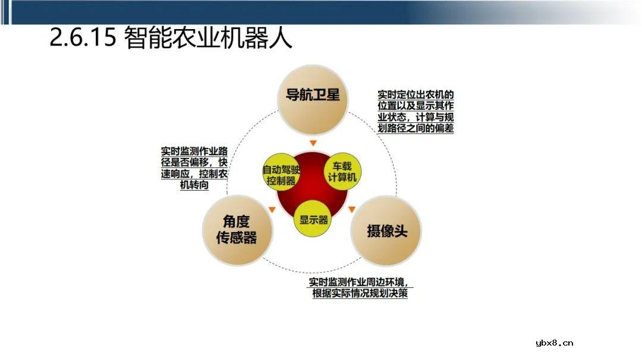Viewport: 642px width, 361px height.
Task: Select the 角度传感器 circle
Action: click(239, 230)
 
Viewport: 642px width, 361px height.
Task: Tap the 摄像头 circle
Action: click(386, 230)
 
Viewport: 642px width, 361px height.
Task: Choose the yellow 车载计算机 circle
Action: click(343, 170)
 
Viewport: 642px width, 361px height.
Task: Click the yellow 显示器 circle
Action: click(313, 219)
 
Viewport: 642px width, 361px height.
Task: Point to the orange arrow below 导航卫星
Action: click(313, 143)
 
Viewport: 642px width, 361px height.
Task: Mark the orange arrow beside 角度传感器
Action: click(272, 209)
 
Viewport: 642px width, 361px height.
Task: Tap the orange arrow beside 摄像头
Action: click(352, 209)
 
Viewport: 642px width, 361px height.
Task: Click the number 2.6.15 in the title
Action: click(83, 39)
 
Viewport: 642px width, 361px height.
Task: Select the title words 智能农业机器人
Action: click(209, 39)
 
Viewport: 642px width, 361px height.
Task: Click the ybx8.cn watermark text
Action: click(554, 343)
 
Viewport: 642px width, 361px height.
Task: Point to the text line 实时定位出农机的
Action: click(416, 94)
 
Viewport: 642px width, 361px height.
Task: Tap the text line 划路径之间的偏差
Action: click(416, 128)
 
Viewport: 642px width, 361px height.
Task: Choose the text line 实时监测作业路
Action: click(194, 151)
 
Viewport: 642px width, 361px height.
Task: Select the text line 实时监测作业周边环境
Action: click(358, 282)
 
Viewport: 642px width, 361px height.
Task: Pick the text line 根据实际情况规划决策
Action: click(360, 293)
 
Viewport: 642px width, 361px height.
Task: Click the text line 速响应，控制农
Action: click(194, 174)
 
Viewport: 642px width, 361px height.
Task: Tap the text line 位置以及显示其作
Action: click(416, 106)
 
